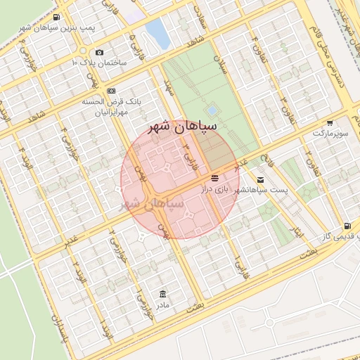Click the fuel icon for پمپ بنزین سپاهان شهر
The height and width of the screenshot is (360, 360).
click(56, 17)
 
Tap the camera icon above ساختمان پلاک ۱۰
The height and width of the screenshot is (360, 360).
click(98, 52)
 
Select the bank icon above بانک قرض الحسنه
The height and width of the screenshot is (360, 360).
click(111, 91)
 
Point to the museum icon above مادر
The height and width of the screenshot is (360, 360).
click(163, 293)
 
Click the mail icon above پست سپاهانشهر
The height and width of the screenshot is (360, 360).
click(261, 181)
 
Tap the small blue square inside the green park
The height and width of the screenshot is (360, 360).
click(212, 110)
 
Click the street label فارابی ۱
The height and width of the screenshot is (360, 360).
click(240, 269)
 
